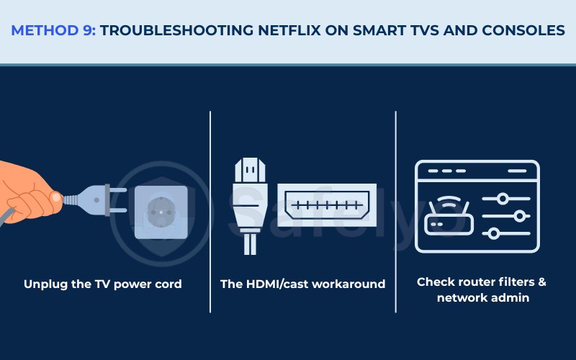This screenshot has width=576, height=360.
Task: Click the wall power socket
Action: (x=161, y=212)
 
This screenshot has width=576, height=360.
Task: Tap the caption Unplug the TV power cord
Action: (x=102, y=284)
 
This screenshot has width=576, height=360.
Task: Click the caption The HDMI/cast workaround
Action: (x=302, y=284)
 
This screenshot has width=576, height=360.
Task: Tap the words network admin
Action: (x=481, y=297)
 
